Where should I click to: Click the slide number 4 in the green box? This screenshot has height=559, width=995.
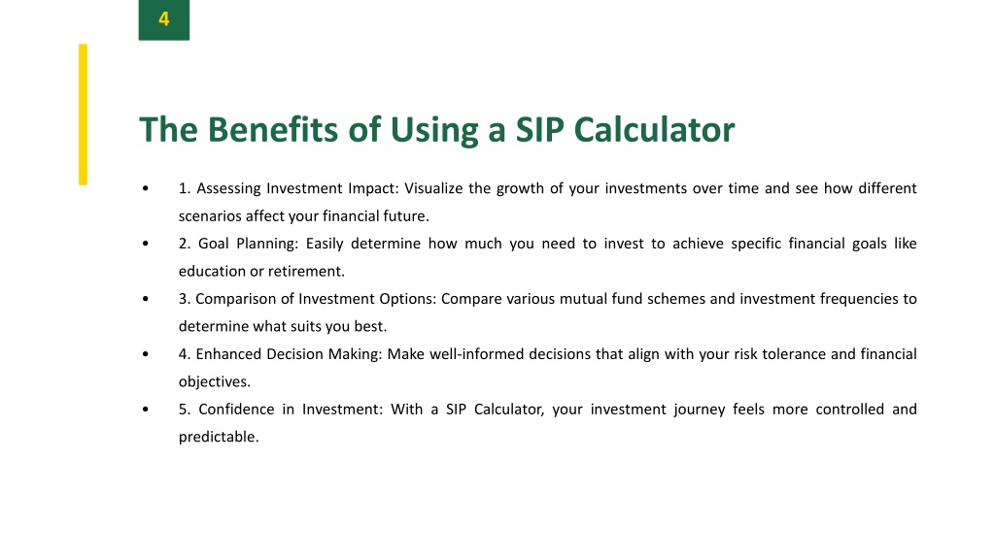click(x=163, y=19)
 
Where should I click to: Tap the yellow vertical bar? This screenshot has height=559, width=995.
click(x=84, y=115)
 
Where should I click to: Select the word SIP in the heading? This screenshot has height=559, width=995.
click(x=539, y=130)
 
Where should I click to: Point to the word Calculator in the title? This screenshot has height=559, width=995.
click(x=654, y=130)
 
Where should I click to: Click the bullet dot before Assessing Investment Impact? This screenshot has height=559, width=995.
click(x=146, y=188)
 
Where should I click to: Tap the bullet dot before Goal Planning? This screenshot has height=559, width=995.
click(x=146, y=244)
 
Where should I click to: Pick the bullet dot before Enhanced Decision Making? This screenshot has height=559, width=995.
click(x=146, y=353)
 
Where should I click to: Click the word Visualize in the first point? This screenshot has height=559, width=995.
click(x=433, y=188)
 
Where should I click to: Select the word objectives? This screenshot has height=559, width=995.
click(x=215, y=381)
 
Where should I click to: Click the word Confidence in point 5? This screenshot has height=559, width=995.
click(x=236, y=409)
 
